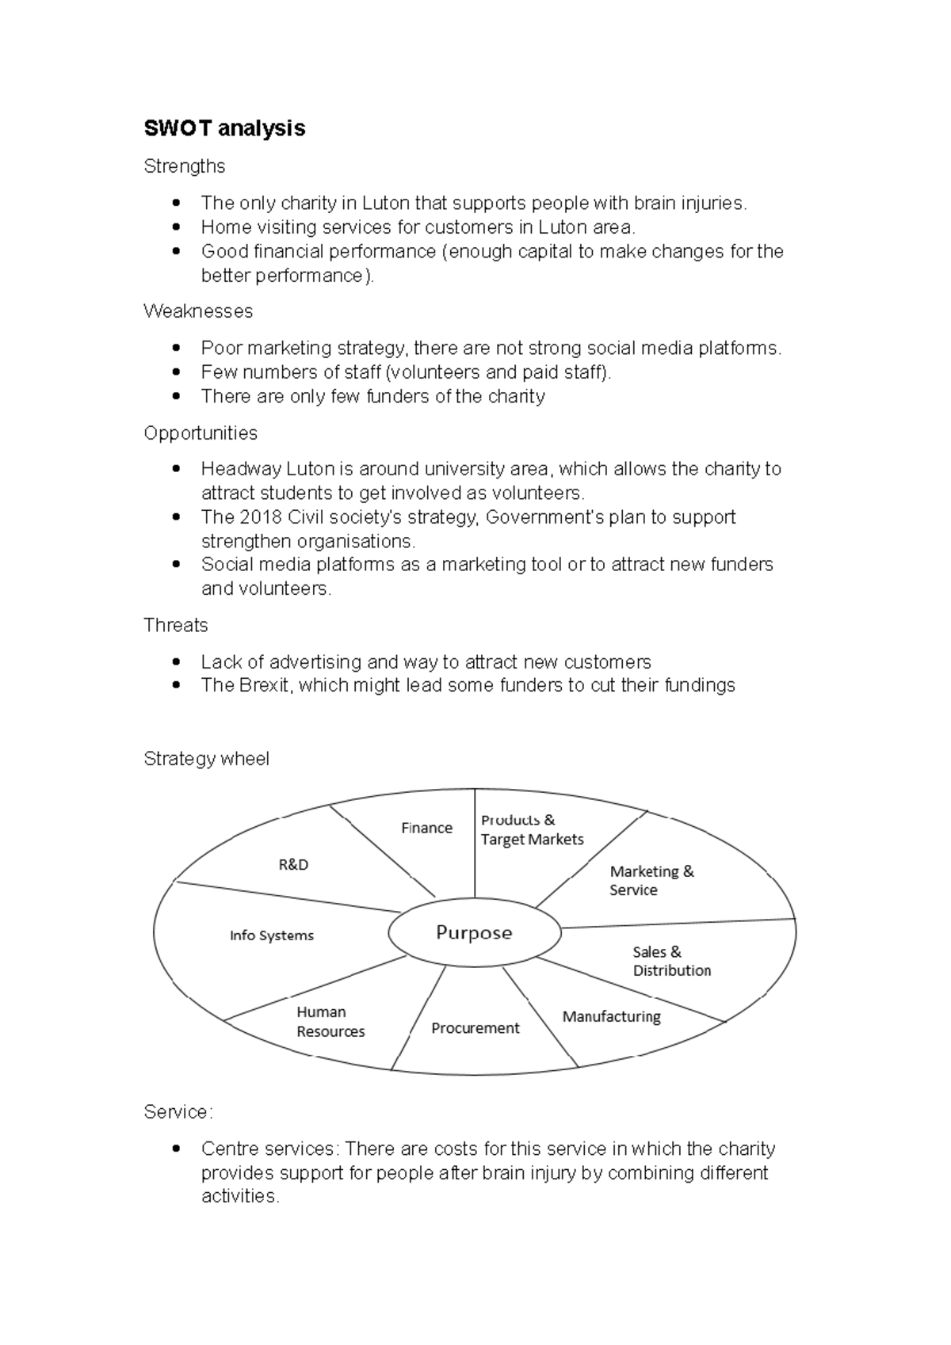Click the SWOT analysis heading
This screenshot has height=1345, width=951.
[224, 128]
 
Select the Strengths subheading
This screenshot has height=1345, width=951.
[184, 166]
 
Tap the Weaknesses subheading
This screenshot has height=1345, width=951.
[198, 311]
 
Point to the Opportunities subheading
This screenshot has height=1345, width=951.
[201, 433]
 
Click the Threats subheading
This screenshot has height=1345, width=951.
[175, 626]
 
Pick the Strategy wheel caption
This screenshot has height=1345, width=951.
[206, 759]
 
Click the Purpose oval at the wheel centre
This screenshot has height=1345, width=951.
[474, 932]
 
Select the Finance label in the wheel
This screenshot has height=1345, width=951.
[426, 828]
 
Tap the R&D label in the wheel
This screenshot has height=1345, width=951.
[293, 865]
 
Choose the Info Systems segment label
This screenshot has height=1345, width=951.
[272, 935]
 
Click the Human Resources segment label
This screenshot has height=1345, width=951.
[330, 1022]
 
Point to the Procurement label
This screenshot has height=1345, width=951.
[475, 1028]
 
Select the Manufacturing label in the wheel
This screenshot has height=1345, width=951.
[611, 1016]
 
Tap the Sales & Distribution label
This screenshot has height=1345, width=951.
[671, 961]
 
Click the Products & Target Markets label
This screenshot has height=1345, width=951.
[532, 829]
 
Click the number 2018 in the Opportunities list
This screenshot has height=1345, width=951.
[259, 517]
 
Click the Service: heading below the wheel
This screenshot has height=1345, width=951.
[178, 1112]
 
